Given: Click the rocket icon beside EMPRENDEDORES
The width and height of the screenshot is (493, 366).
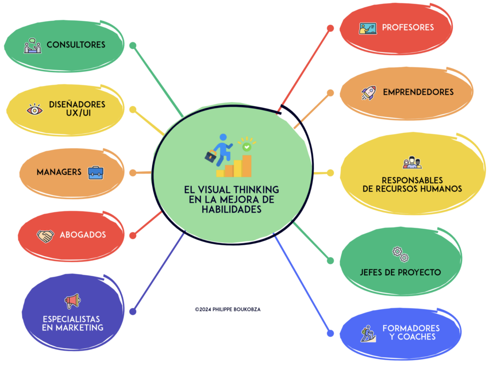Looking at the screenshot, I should [x=368, y=92].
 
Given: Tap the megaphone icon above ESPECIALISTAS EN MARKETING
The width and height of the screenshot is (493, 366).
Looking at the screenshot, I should [x=72, y=301].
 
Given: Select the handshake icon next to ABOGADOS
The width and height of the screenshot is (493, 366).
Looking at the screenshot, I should [x=46, y=236].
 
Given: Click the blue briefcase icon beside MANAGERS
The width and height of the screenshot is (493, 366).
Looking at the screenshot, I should [x=95, y=172].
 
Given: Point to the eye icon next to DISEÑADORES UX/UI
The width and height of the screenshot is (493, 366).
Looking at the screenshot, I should [x=35, y=109].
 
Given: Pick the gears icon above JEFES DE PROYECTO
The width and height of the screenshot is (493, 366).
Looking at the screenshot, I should [x=400, y=254].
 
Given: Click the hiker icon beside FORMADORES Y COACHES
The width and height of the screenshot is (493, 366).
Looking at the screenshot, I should [x=368, y=333].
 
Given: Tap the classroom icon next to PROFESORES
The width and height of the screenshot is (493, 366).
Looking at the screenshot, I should [x=367, y=28].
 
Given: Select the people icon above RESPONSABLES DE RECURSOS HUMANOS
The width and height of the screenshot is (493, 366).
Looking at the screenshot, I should [x=412, y=163].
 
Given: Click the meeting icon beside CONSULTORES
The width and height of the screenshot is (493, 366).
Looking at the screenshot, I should [x=33, y=45].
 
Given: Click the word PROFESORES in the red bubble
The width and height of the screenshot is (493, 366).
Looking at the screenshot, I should [x=408, y=27].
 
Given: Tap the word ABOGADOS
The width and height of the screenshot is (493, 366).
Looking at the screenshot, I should [x=83, y=235].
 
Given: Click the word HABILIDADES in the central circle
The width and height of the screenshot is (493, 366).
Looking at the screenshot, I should [x=232, y=209].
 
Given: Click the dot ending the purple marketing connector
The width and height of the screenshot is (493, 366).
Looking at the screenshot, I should [x=133, y=312].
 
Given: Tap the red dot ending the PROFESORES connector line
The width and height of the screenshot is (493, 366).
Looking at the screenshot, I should [x=330, y=28].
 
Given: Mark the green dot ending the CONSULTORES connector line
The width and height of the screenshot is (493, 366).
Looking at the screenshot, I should [x=133, y=46].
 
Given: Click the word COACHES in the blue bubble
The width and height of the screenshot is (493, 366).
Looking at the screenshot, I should [x=413, y=337].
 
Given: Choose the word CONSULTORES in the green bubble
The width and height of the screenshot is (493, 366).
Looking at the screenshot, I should [x=76, y=45].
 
